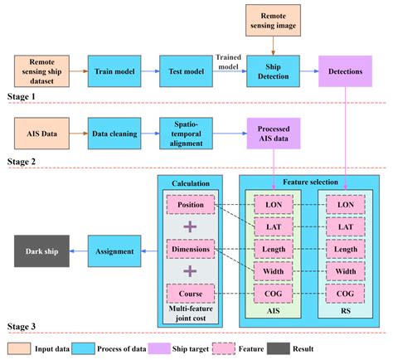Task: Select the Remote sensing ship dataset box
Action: (41, 71)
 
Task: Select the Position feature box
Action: (191, 203)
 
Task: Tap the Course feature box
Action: (191, 291)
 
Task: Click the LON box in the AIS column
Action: (273, 203)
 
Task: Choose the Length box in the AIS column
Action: (273, 247)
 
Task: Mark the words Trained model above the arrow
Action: (229, 61)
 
